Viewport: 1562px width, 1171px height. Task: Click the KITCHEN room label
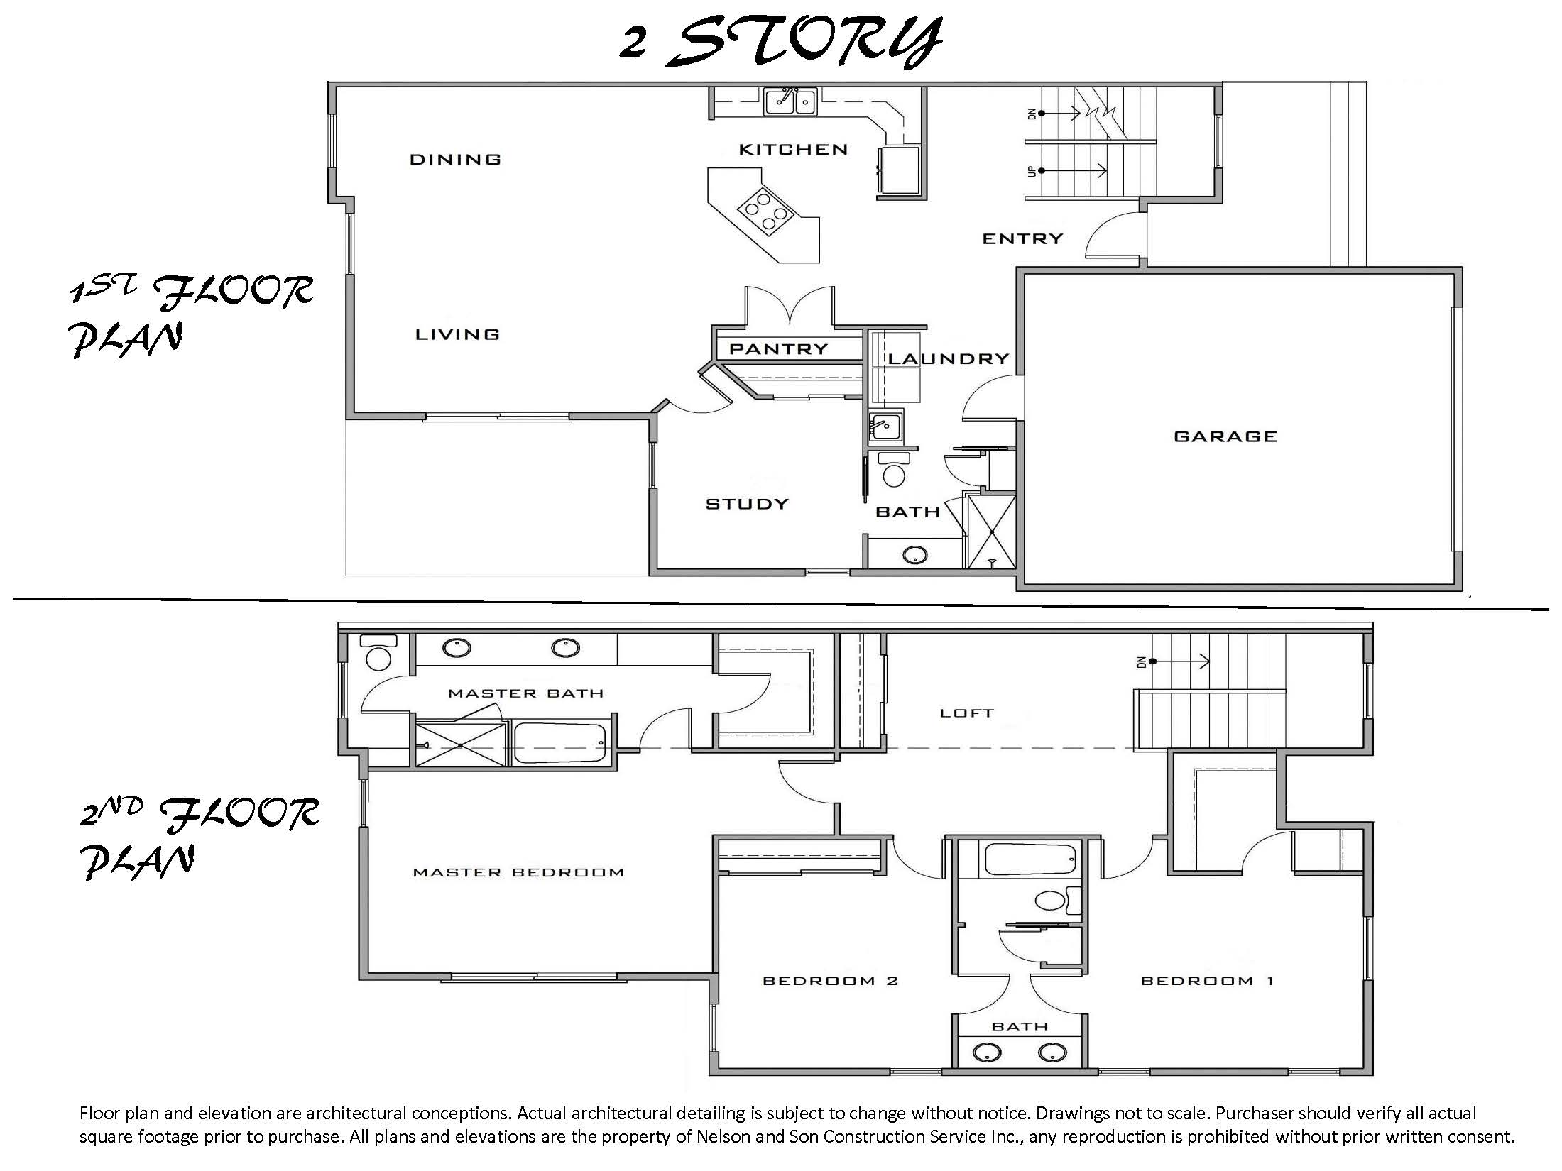(x=793, y=149)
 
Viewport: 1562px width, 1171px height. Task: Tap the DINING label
(x=455, y=159)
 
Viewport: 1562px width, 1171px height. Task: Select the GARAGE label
(x=1225, y=436)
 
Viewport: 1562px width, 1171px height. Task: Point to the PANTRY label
(x=779, y=349)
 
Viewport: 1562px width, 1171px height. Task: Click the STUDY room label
(x=747, y=504)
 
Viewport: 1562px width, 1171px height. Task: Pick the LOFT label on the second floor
(x=966, y=713)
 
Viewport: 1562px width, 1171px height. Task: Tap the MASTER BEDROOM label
(x=518, y=872)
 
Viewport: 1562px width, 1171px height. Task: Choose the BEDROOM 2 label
(x=830, y=981)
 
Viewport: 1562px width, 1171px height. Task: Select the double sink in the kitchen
(x=790, y=101)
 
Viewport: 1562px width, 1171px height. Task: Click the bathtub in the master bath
(x=559, y=743)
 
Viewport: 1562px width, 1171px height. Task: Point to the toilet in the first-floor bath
(x=894, y=469)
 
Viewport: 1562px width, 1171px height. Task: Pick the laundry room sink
(x=885, y=427)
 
